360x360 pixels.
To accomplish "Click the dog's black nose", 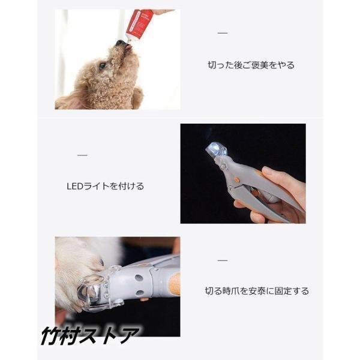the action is [120, 43].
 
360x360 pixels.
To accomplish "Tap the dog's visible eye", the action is [103, 66].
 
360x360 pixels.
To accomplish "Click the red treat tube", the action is [139, 23].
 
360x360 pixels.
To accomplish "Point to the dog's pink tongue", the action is [128, 48].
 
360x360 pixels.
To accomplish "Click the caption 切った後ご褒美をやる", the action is [251, 65].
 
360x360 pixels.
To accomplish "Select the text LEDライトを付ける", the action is [105, 186].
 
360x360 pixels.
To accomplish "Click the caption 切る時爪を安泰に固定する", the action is [257, 291].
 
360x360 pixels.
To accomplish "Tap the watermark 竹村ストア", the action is [90, 335].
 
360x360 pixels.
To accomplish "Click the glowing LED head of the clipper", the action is [216, 150].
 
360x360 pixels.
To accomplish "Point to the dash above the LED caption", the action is [82, 155].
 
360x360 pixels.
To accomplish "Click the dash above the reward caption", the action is [223, 33].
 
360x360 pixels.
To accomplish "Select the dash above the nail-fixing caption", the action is [223, 260].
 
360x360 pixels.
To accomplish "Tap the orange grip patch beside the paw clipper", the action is [174, 284].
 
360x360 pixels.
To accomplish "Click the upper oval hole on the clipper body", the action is [139, 278].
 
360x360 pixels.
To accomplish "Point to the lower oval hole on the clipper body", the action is [140, 293].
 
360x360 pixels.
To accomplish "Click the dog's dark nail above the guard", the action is [101, 263].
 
